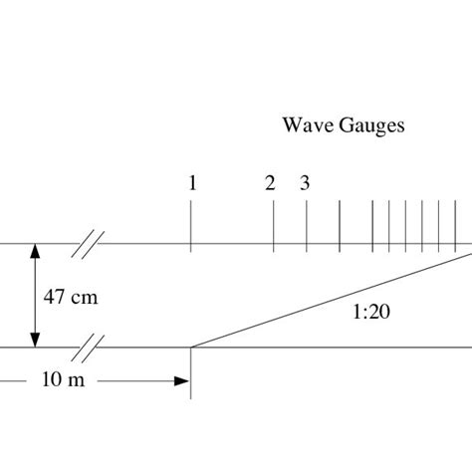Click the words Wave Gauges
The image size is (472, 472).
(x=344, y=125)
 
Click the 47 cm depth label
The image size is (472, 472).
(x=72, y=296)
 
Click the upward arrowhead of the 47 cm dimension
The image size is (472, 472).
(x=36, y=251)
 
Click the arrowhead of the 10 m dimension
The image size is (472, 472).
(x=182, y=380)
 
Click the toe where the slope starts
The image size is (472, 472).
(x=191, y=347)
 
